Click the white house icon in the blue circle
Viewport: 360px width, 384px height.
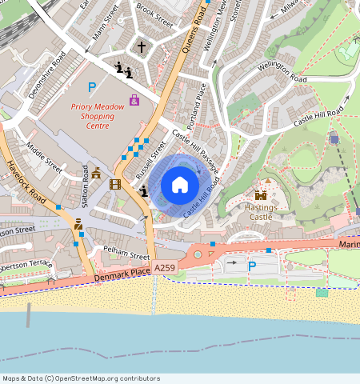[180, 186]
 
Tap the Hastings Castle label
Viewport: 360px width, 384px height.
[261, 211]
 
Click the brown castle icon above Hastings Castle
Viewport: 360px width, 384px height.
[261, 194]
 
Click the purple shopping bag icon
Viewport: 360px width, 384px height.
[134, 100]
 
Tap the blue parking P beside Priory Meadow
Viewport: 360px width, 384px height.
[92, 87]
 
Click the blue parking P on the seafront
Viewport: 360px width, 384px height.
[252, 266]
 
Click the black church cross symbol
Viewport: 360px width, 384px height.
[142, 47]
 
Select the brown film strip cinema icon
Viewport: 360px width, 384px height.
[115, 185]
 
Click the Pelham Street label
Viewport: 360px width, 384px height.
[127, 254]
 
